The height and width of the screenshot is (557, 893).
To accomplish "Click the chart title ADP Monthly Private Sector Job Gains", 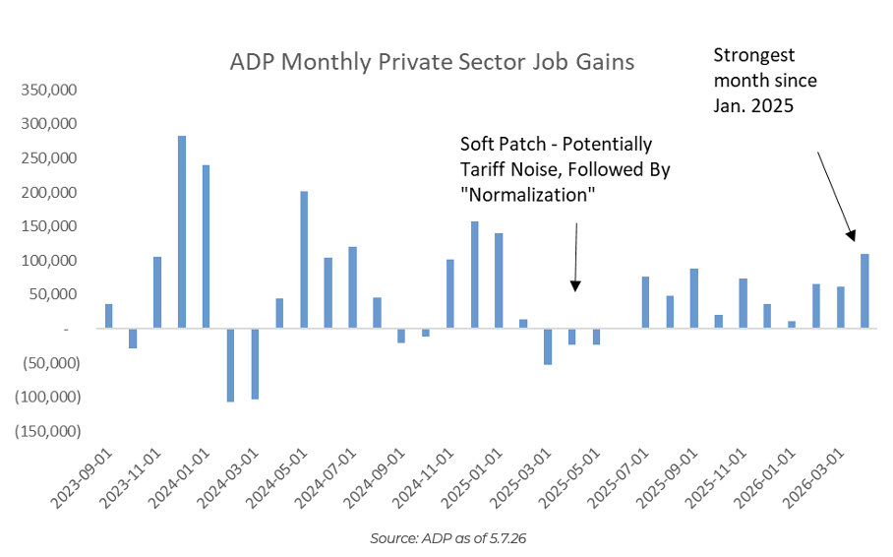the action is click(x=432, y=62).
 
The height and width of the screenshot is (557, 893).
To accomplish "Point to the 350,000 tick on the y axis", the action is click(x=49, y=90).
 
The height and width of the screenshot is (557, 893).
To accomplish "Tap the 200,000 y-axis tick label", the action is click(x=49, y=192).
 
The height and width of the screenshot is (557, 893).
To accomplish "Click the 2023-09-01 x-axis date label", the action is click(x=82, y=477).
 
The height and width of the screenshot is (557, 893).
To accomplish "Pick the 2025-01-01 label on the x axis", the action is click(x=472, y=477).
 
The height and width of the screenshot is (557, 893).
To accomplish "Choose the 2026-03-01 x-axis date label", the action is click(x=814, y=477).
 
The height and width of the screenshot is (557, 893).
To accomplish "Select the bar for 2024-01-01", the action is click(x=207, y=247).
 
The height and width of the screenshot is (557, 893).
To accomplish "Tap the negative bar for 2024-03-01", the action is click(x=255, y=364).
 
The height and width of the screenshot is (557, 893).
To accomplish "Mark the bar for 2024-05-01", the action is click(x=304, y=260).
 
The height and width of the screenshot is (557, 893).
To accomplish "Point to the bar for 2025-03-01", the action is click(x=548, y=346).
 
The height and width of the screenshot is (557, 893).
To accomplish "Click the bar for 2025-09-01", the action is click(x=694, y=299).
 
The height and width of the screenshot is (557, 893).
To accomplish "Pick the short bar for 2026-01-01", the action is click(x=792, y=325).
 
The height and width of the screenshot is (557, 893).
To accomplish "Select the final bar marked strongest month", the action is click(x=864, y=291).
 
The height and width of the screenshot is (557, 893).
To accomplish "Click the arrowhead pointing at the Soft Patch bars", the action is click(x=575, y=286).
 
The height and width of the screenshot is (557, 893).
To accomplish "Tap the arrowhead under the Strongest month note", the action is click(x=851, y=236).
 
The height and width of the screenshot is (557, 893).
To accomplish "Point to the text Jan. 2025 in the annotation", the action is click(x=753, y=105).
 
